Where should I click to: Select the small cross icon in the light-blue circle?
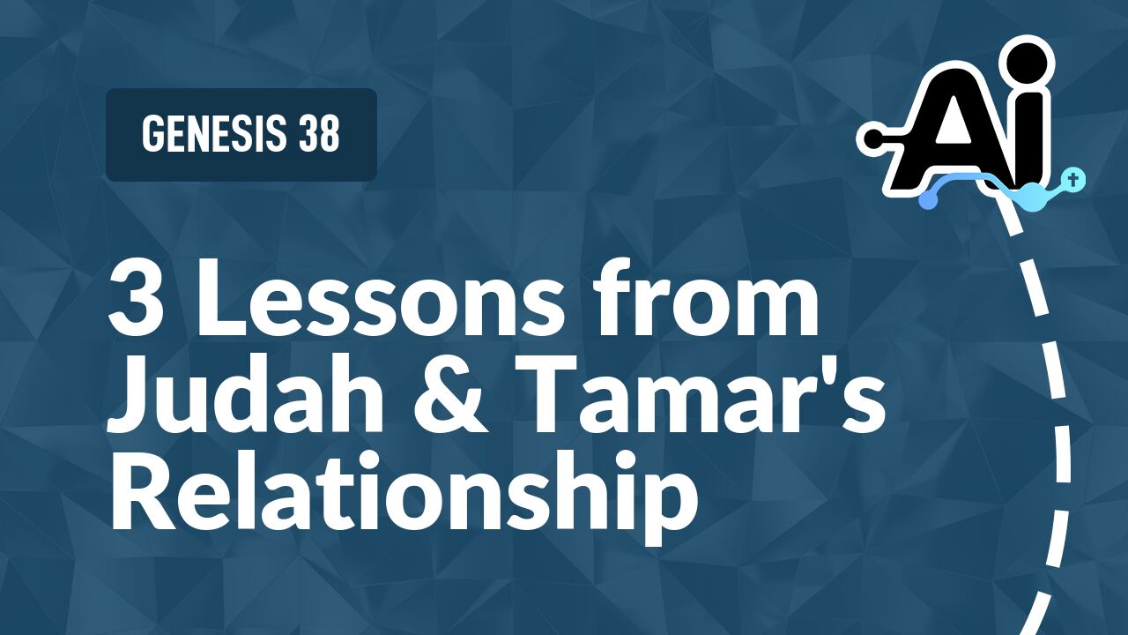point(1072,179)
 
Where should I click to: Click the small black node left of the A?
point(870,138)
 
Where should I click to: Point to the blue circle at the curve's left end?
point(927,200)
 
